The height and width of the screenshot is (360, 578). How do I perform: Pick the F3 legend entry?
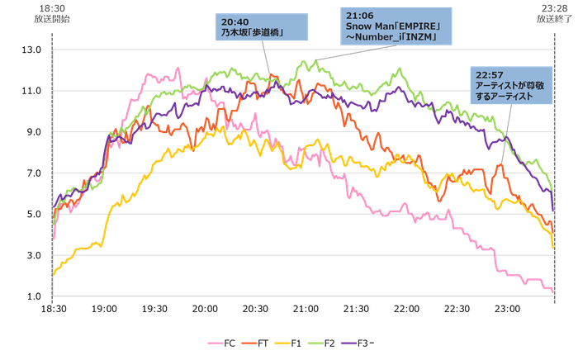tap(361, 343)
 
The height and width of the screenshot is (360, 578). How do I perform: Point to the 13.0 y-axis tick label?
tap(32, 50)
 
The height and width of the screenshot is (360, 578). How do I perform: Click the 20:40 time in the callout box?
tap(234, 20)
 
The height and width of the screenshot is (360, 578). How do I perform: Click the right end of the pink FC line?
tap(552, 291)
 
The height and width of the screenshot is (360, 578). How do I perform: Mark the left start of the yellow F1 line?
tap(54, 273)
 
